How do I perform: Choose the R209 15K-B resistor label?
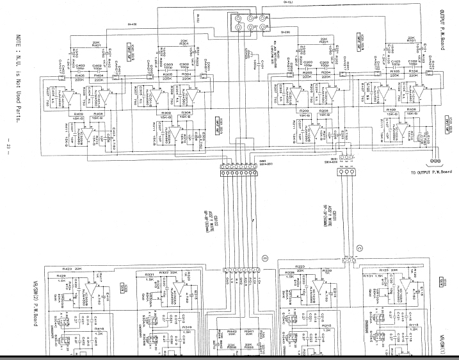[x=304, y=113]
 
